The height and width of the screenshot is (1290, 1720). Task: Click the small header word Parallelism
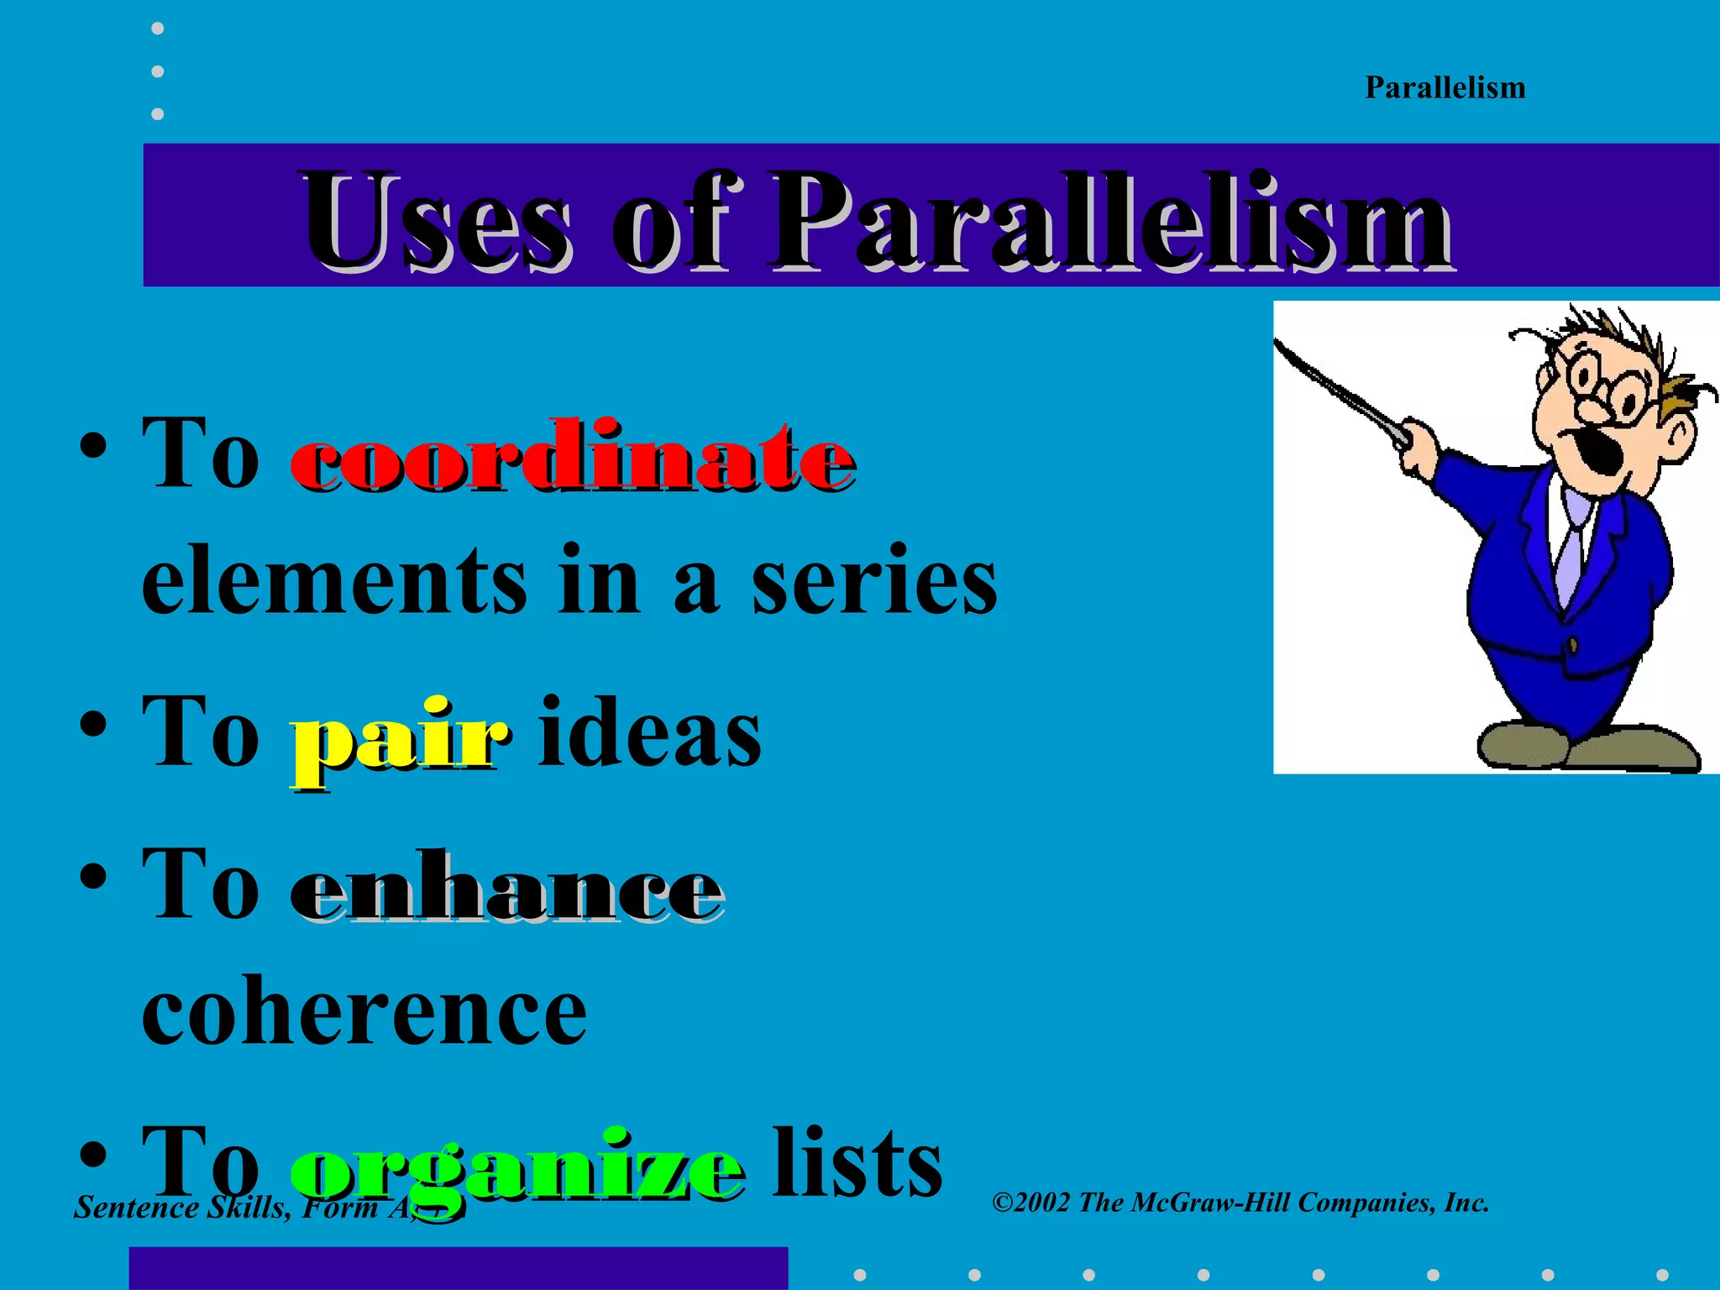[x=1445, y=88]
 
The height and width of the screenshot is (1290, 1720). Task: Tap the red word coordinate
[x=573, y=458]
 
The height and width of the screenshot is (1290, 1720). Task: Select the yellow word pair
[x=399, y=739]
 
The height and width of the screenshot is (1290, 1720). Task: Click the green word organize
[x=516, y=1172]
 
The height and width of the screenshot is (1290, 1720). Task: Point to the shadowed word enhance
[x=506, y=889]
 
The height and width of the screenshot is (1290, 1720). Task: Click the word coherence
[x=364, y=1012]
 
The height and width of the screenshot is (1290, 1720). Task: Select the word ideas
[x=649, y=733]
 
